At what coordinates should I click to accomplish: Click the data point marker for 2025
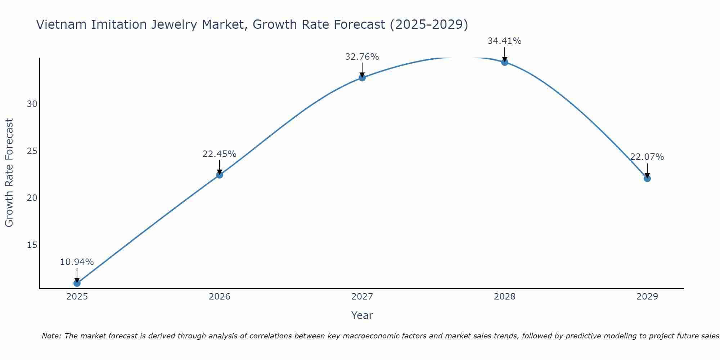[x=77, y=283]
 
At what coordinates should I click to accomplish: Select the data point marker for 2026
[x=219, y=175]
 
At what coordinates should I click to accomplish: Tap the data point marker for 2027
[x=362, y=78]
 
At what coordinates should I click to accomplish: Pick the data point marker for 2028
[x=504, y=62]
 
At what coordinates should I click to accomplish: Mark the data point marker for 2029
[x=647, y=179]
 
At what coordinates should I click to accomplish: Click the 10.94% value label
[x=77, y=262]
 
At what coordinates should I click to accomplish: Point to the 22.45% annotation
[x=219, y=154]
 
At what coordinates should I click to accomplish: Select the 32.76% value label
[x=362, y=57]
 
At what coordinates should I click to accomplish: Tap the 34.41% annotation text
[x=504, y=41]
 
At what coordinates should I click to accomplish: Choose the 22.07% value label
[x=647, y=157]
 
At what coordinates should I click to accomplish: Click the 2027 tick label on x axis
[x=362, y=297]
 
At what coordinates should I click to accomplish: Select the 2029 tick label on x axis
[x=647, y=297]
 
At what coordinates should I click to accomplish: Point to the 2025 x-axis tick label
[x=77, y=297]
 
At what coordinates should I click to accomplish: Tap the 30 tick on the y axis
[x=32, y=104]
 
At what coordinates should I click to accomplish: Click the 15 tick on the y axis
[x=32, y=245]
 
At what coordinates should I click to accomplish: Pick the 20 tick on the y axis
[x=32, y=198]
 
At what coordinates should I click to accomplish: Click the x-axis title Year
[x=362, y=315]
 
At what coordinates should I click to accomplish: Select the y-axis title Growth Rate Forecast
[x=9, y=173]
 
